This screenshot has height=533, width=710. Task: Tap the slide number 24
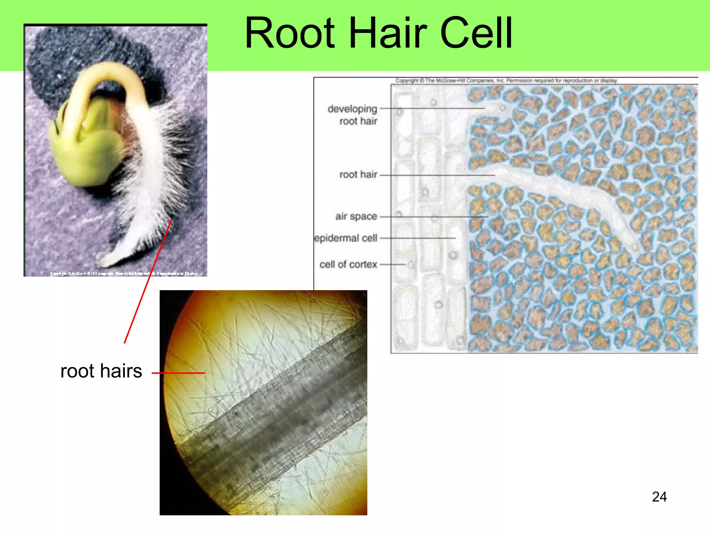659,497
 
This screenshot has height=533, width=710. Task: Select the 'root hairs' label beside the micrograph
101,371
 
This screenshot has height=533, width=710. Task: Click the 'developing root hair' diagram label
353,115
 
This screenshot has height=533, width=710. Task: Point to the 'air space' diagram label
356,216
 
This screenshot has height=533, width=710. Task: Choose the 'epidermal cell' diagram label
346,238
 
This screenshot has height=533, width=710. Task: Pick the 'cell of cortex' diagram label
348,264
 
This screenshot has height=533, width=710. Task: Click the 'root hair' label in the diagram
358,174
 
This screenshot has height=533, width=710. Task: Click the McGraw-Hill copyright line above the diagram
506,81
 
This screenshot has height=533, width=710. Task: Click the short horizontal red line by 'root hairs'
178,373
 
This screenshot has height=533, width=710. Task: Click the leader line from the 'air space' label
433,217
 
